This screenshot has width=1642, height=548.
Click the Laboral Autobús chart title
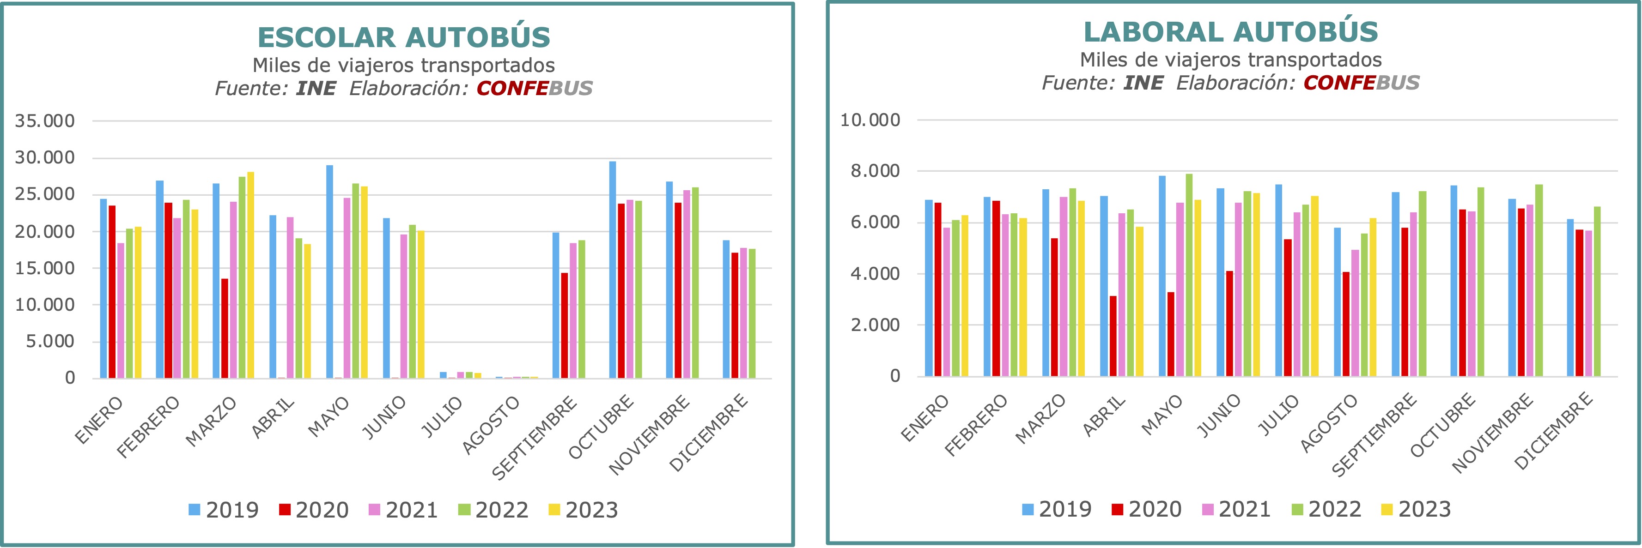pyautogui.click(x=1230, y=32)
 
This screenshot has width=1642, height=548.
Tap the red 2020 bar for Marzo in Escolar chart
pyautogui.click(x=225, y=328)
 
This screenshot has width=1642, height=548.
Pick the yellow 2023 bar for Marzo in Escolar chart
pyautogui.click(x=250, y=275)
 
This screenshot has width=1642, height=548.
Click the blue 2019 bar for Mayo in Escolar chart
pyautogui.click(x=329, y=271)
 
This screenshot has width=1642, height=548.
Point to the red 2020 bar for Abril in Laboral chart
pyautogui.click(x=1113, y=336)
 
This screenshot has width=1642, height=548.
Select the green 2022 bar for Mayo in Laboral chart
pyautogui.click(x=1189, y=275)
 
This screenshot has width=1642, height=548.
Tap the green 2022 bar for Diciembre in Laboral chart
pyautogui.click(x=1597, y=291)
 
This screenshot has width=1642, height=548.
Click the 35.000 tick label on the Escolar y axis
pyautogui.click(x=45, y=120)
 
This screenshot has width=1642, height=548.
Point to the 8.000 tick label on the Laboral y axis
pyautogui.click(x=875, y=171)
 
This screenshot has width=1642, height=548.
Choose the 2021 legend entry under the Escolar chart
pyautogui.click(x=403, y=510)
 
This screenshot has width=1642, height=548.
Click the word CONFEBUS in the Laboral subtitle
pyautogui.click(x=1362, y=83)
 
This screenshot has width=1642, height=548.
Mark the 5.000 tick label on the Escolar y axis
pyautogui.click(x=50, y=342)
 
